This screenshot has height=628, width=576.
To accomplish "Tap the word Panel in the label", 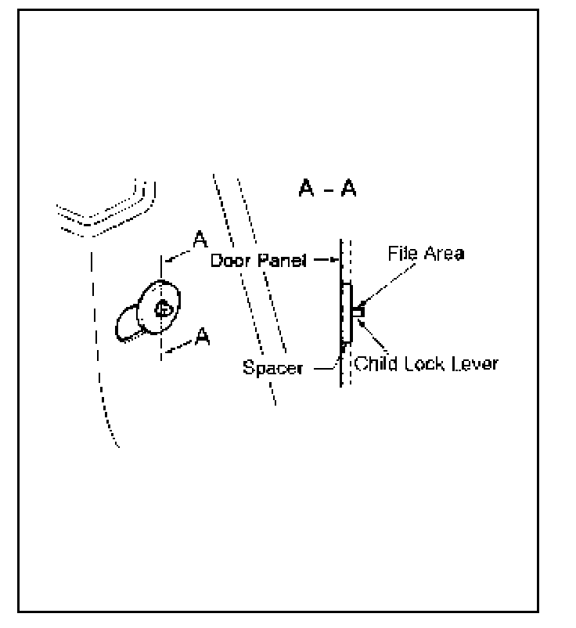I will [279, 260].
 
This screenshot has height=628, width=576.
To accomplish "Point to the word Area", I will [440, 254].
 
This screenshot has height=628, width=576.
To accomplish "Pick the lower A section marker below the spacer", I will [202, 337].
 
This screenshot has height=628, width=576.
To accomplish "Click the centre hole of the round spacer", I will [163, 309].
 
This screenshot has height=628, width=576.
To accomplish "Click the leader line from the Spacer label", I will [324, 363].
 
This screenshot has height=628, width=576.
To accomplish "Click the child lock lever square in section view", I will [356, 312].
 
